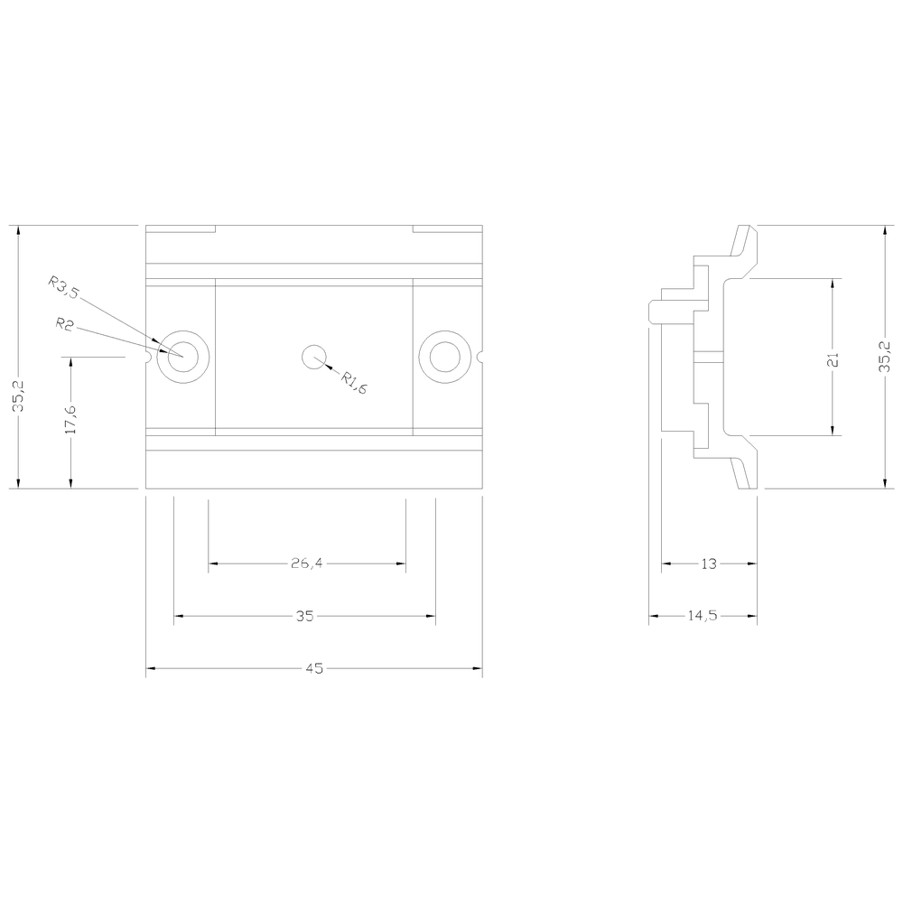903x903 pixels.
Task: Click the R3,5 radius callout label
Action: pyautogui.click(x=63, y=287)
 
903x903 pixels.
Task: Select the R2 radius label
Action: pyautogui.click(x=64, y=324)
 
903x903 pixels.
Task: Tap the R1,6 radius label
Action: pyautogui.click(x=353, y=383)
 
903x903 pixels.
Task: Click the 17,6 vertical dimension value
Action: pyautogui.click(x=70, y=420)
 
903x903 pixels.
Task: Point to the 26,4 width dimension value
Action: pyautogui.click(x=307, y=563)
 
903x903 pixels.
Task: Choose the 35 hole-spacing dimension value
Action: pyautogui.click(x=304, y=616)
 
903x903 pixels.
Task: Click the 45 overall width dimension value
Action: pyautogui.click(x=314, y=668)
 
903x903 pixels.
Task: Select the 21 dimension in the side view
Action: pyautogui.click(x=833, y=360)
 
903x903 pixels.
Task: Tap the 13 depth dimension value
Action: pyautogui.click(x=709, y=563)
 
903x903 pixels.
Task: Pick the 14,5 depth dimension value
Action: pyautogui.click(x=703, y=616)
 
